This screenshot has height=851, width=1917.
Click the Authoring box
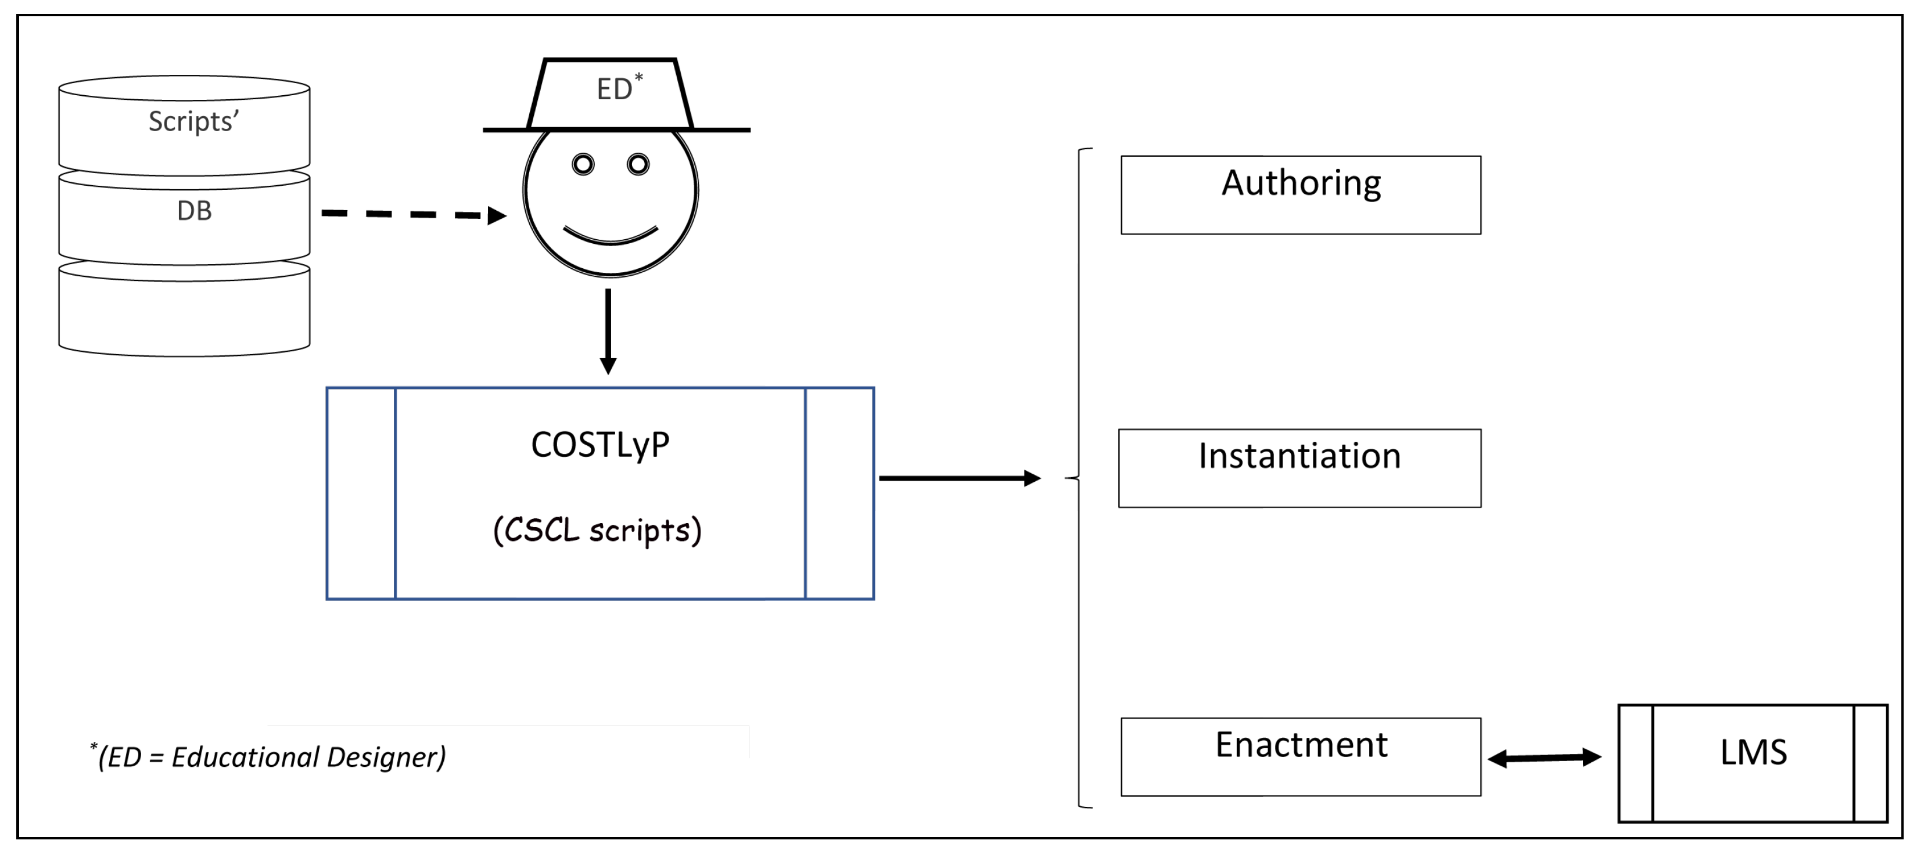1300,195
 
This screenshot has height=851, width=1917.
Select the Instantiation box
1299,468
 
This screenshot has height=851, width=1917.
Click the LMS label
1753,752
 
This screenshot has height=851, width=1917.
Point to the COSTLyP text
600,445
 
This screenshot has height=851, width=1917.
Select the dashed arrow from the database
413,214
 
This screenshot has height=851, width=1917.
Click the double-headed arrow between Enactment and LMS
1544,758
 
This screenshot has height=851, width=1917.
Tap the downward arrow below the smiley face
608,331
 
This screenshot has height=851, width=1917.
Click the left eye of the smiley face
583,164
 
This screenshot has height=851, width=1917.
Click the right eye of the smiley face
638,164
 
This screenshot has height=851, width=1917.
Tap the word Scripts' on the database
193,121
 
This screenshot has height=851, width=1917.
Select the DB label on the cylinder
194,211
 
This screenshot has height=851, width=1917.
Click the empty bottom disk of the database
184,316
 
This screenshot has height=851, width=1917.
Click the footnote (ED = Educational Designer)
270,756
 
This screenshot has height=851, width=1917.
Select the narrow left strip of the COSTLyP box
361,493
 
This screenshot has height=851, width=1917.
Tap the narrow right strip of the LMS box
1870,763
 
